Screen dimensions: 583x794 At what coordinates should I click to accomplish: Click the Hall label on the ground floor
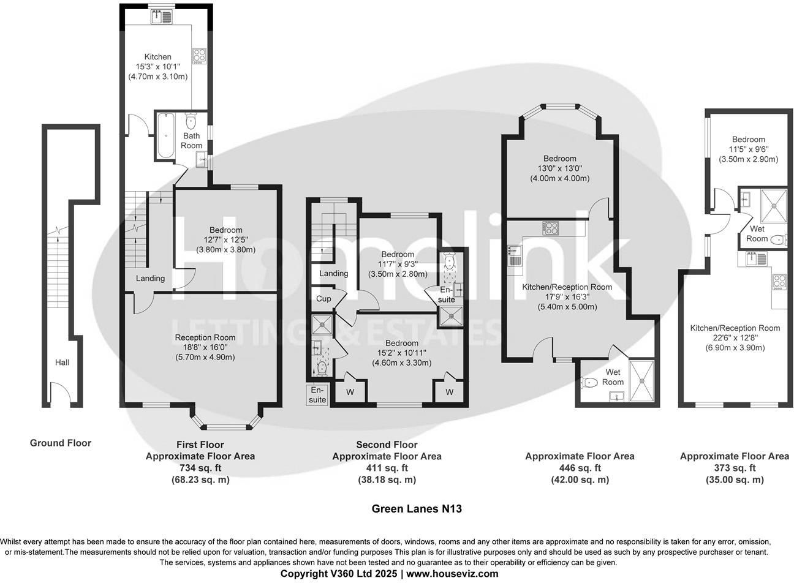(62, 363)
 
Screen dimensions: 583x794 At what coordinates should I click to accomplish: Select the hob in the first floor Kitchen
(200, 56)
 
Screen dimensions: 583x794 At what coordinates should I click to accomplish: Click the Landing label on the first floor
(150, 278)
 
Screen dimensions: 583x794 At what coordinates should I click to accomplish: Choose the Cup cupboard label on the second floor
(323, 299)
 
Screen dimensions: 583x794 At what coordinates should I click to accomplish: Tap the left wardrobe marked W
(350, 391)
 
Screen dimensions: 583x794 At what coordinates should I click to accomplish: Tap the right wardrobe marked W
(449, 391)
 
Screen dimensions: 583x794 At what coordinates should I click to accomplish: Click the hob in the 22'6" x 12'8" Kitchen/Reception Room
(779, 282)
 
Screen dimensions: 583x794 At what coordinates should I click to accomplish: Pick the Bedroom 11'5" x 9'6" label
(748, 149)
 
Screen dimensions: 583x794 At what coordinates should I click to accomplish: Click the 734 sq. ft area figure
(200, 468)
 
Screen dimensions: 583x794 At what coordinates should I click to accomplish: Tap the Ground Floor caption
(61, 443)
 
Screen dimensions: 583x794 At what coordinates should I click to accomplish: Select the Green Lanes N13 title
(417, 508)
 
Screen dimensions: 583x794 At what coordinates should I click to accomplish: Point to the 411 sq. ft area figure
(387, 468)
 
